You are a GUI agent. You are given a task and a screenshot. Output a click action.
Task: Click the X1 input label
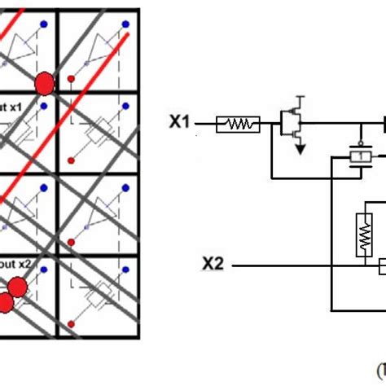[181, 123]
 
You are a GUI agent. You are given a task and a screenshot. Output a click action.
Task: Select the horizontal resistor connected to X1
[239, 124]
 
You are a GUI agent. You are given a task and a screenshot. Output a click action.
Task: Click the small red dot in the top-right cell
[71, 79]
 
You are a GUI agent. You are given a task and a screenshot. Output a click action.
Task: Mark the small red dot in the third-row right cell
[71, 241]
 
